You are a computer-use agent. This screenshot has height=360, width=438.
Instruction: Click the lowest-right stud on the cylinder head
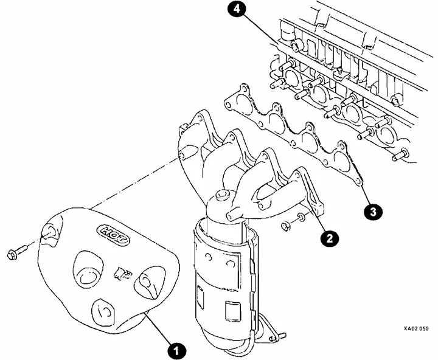400,156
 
